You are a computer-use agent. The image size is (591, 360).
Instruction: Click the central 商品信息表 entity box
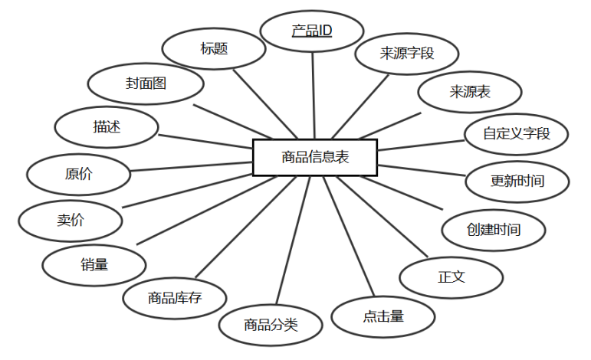[x=314, y=157]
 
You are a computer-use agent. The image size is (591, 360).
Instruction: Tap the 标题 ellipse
[x=214, y=48]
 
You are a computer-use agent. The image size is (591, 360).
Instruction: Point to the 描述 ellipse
[x=107, y=128]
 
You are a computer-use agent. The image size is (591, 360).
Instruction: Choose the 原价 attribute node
[x=78, y=173]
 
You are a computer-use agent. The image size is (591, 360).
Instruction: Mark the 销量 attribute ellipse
[x=94, y=265]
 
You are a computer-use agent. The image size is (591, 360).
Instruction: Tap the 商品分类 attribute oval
[x=270, y=324]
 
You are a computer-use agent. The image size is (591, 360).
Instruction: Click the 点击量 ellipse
[x=383, y=316]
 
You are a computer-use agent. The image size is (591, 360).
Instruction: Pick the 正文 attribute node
[x=451, y=277]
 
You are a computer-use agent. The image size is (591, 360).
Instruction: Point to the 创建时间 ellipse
[x=494, y=229]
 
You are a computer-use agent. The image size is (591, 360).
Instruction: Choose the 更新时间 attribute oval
[x=517, y=182]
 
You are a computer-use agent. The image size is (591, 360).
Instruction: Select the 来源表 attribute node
[x=470, y=93]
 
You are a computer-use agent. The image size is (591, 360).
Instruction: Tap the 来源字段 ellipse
[x=407, y=54]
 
